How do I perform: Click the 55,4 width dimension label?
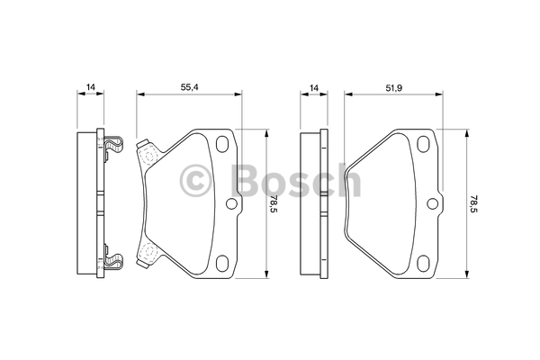click(x=190, y=87)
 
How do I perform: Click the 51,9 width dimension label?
click(x=393, y=88)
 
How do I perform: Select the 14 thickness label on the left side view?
click(x=90, y=87)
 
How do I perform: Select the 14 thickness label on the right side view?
click(x=314, y=88)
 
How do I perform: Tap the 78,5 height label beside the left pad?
click(x=274, y=204)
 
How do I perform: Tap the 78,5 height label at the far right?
click(x=474, y=204)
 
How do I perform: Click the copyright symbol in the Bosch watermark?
click(x=195, y=181)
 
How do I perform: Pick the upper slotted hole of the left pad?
click(x=222, y=143)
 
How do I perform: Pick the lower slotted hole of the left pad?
click(x=222, y=264)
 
